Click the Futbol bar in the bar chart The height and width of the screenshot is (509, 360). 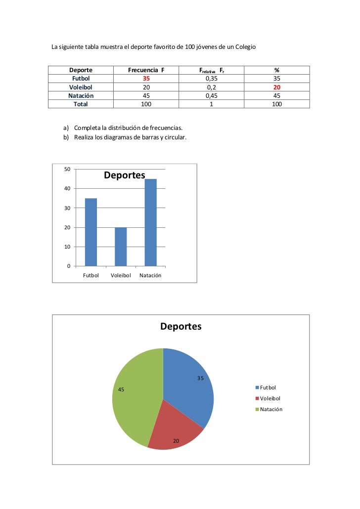(91, 232)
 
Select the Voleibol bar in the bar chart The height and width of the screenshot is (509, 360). (121, 247)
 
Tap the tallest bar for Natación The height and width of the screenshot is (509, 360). (150, 222)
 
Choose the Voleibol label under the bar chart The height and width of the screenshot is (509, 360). (121, 275)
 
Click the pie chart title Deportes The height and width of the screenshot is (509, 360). (180, 327)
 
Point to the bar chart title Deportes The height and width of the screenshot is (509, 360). (124, 175)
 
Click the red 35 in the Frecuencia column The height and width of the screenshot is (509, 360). (145, 79)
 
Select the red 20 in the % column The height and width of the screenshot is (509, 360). (277, 87)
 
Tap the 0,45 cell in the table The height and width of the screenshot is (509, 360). (211, 95)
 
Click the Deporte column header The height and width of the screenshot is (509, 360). (81, 70)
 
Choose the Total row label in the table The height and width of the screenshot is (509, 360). (81, 104)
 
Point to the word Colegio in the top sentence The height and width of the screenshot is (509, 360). (244, 48)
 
